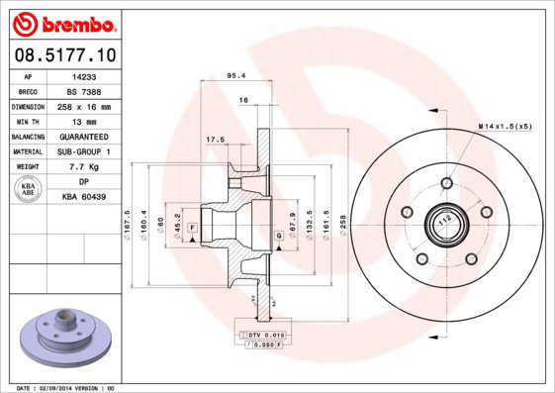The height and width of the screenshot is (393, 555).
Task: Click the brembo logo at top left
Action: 63,22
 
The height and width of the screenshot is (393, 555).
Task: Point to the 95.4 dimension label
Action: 236,75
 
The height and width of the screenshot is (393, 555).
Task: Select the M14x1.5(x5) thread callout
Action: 505,128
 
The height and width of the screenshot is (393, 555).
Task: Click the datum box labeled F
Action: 191,229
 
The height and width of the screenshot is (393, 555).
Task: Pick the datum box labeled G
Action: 279,235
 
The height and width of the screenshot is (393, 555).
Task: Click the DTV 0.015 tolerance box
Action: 259,337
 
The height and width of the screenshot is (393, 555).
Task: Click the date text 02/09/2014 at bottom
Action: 65,387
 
